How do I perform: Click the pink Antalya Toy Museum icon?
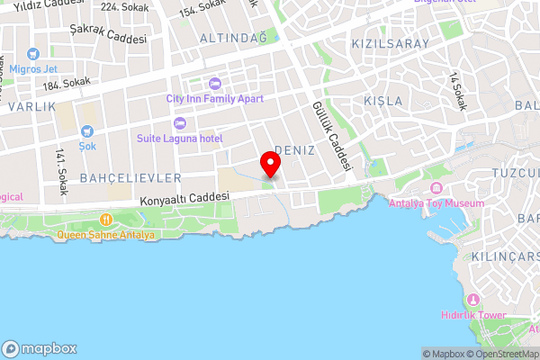[x=436, y=188]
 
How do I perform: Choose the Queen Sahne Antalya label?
[x=106, y=235]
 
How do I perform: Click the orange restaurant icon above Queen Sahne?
[x=106, y=219]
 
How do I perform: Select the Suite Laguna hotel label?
[x=179, y=138]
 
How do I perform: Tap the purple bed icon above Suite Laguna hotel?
[x=179, y=122]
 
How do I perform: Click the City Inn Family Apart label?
[x=213, y=98]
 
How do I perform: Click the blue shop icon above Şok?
[x=87, y=131]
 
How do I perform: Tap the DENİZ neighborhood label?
[x=294, y=150]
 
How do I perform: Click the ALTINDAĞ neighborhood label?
[x=234, y=38]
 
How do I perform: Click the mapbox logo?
[x=39, y=348]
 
